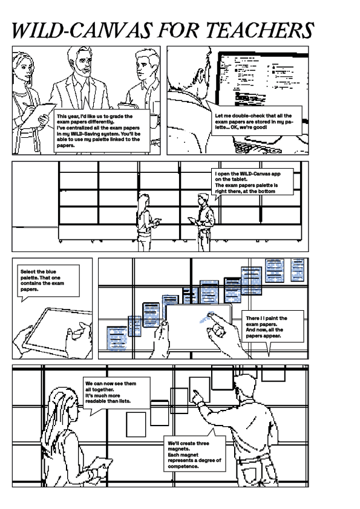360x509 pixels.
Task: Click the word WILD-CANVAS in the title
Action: point(83,30)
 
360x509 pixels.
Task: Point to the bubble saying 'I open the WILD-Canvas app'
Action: point(254,182)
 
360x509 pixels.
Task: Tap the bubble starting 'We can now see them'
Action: point(113,392)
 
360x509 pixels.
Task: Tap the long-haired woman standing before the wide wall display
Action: point(146,221)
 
